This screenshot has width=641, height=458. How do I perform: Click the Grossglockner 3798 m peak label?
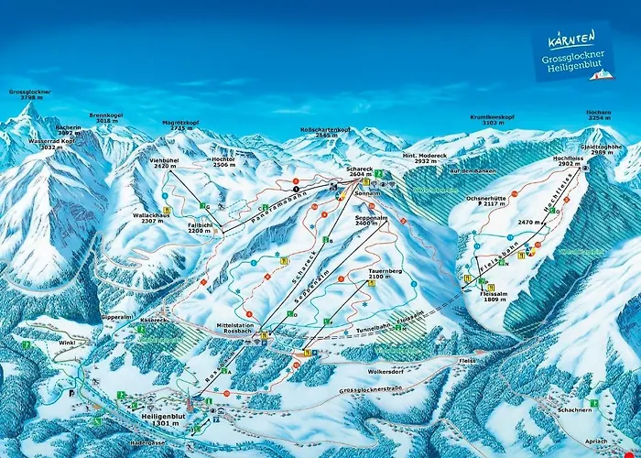point(30,96)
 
